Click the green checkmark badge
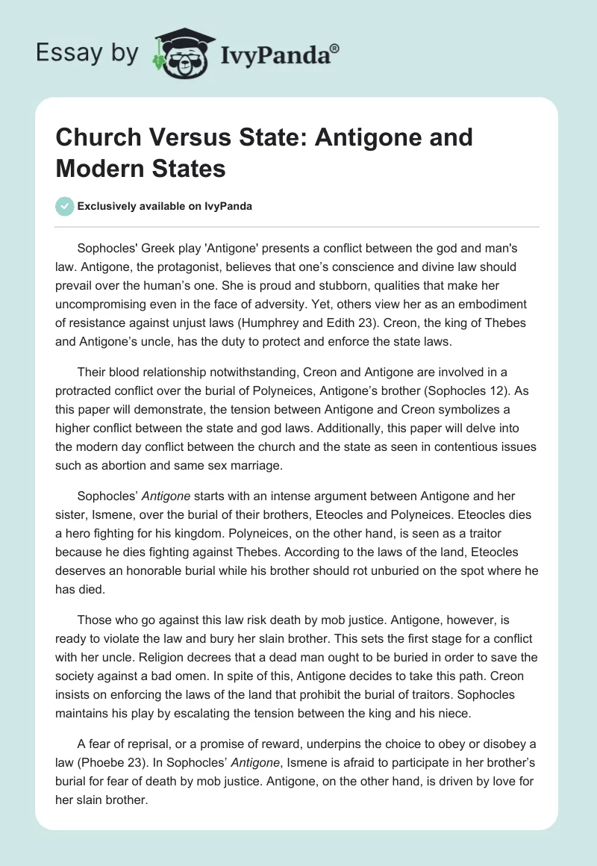tap(64, 206)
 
